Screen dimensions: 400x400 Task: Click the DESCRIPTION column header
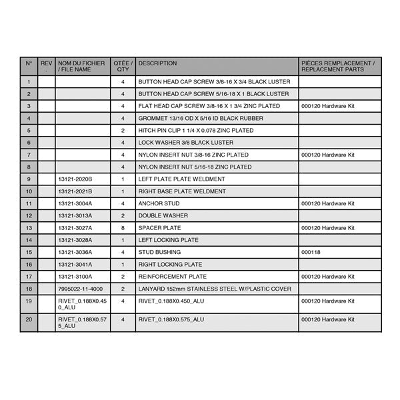click(157, 64)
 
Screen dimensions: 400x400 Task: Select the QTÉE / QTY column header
click(123, 66)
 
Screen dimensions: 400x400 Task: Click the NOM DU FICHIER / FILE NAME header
click(75, 66)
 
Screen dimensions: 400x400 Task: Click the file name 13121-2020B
click(75, 179)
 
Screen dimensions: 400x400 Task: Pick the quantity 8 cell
click(123, 228)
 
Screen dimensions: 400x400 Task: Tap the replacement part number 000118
click(311, 253)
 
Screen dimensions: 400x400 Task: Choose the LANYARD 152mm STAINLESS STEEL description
click(215, 289)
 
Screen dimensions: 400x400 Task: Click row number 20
click(29, 323)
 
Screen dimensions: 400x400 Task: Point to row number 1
click(29, 82)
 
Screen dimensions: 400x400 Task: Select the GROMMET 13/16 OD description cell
click(201, 119)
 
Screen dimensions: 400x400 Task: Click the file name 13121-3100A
click(75, 277)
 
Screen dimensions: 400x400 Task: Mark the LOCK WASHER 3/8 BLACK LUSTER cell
click(186, 143)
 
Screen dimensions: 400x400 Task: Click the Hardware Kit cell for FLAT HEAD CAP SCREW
click(328, 106)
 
